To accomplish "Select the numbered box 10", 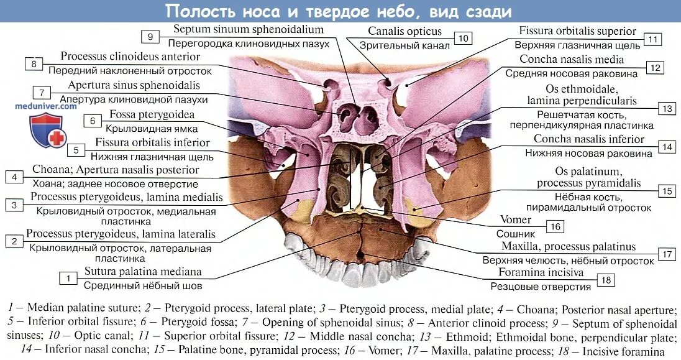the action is click(463, 39).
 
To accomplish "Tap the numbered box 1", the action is click(68, 279).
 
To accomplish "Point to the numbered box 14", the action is click(667, 147).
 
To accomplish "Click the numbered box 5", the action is click(75, 150).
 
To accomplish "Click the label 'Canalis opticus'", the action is click(404, 31).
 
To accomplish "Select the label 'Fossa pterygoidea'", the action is click(152, 114).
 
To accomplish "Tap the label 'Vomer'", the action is click(516, 220).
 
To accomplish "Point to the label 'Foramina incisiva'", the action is click(541, 272).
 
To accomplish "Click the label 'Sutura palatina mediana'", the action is click(143, 272).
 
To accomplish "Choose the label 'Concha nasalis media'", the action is click(572, 60).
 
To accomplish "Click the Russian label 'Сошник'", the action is click(516, 234).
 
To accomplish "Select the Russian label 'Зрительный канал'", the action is click(404, 45).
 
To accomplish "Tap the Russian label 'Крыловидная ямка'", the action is click(146, 129).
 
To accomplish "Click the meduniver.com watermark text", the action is click(46, 106).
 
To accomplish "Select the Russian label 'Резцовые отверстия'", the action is click(541, 287).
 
